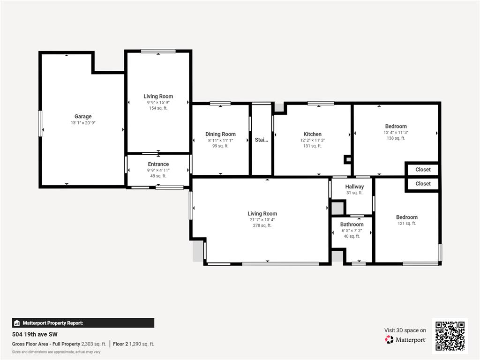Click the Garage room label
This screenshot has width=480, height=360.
pyautogui.click(x=83, y=116)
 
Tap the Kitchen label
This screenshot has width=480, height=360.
pyautogui.click(x=312, y=134)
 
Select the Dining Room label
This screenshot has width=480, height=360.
pyautogui.click(x=220, y=134)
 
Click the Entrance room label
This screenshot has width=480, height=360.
pyautogui.click(x=158, y=164)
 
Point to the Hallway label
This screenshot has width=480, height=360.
pyautogui.click(x=354, y=187)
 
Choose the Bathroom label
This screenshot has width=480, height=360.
pyautogui.click(x=352, y=225)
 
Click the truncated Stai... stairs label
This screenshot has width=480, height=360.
pyautogui.click(x=262, y=140)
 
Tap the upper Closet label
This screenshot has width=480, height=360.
pyautogui.click(x=423, y=169)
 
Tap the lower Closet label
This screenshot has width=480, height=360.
pyautogui.click(x=423, y=184)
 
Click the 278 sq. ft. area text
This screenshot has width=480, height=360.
pyautogui.click(x=262, y=225)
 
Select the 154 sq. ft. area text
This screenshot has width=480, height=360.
pyautogui.click(x=158, y=108)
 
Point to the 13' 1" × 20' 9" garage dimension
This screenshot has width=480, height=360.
pyautogui.click(x=83, y=123)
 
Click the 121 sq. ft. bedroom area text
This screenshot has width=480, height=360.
pyautogui.click(x=406, y=224)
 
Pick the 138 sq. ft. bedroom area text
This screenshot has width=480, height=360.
pyautogui.click(x=396, y=138)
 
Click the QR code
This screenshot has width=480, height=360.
pyautogui.click(x=450, y=336)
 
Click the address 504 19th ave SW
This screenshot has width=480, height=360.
pyautogui.click(x=35, y=335)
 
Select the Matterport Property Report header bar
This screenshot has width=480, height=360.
pyautogui.click(x=83, y=323)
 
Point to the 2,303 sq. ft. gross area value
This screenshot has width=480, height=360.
pyautogui.click(x=94, y=344)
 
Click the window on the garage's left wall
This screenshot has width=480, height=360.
pyautogui.click(x=40, y=123)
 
